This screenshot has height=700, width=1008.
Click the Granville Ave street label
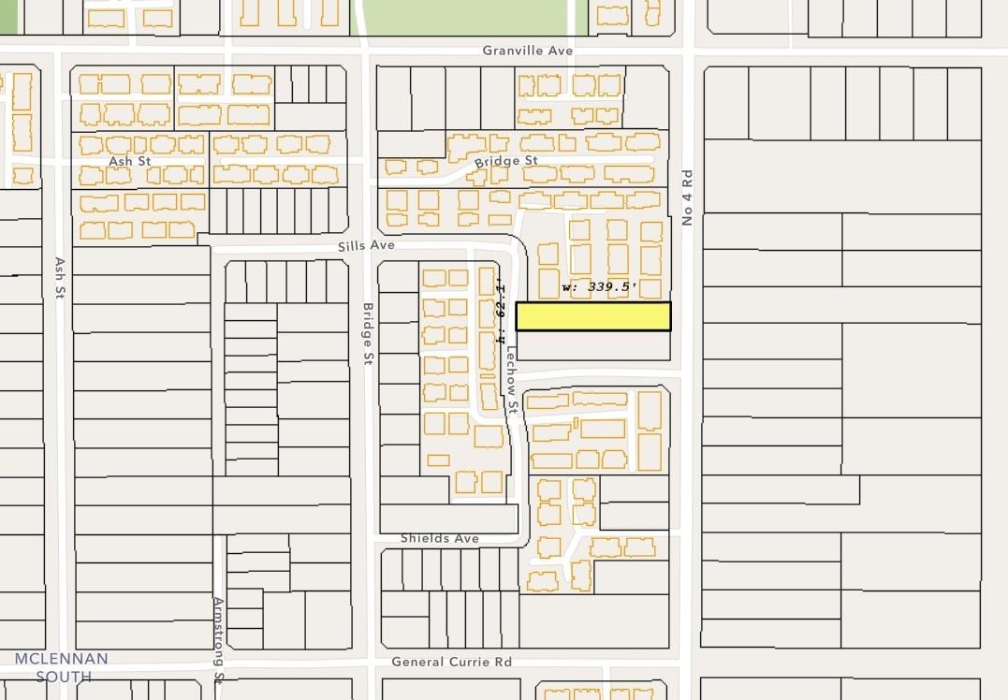point(528,51)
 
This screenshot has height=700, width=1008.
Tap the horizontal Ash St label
point(129,161)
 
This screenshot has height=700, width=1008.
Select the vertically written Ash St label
point(59,278)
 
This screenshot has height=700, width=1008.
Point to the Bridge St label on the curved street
point(505,161)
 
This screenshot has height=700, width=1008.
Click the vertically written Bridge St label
point(368,332)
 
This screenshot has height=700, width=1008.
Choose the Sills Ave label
point(367,245)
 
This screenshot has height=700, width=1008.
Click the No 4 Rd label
point(687,197)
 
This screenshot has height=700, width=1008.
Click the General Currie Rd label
point(451,662)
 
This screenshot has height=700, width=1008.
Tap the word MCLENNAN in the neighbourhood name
point(61,659)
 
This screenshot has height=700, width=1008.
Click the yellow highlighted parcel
point(593,316)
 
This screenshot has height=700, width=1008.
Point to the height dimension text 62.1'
point(502,306)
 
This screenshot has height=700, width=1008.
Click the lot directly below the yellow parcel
point(593,346)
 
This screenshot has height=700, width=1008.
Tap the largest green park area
point(465,17)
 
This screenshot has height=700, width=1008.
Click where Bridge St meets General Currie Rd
point(368,662)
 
